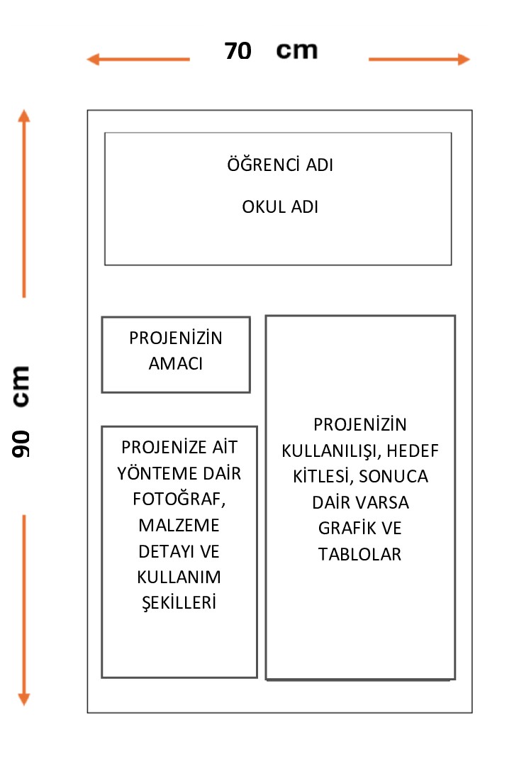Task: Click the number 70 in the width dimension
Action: (x=238, y=51)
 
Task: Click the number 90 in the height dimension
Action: (x=21, y=444)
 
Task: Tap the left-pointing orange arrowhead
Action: (x=94, y=60)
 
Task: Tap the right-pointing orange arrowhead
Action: (x=464, y=59)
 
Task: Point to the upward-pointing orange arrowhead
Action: (x=23, y=116)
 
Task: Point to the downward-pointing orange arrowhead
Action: (x=23, y=699)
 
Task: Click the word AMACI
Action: (x=176, y=364)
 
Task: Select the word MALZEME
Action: (x=179, y=525)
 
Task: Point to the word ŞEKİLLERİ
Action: (x=179, y=602)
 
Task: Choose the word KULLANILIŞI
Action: (x=330, y=450)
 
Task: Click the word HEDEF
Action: (x=413, y=450)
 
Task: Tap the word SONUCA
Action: (x=394, y=476)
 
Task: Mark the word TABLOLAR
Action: (x=359, y=554)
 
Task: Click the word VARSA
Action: (x=382, y=502)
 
